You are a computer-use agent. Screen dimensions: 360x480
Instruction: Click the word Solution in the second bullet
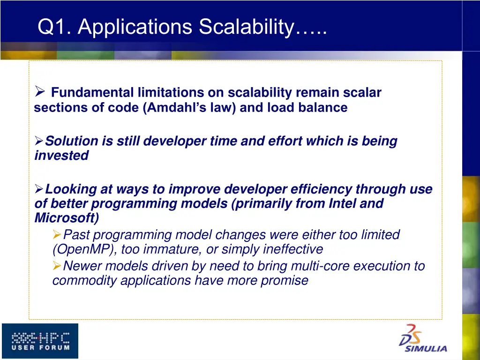coord(72,141)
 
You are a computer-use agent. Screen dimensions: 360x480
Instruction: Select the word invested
coord(61,156)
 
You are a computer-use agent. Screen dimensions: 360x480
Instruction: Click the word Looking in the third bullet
coord(72,189)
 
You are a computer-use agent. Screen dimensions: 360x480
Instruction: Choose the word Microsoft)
coord(67,218)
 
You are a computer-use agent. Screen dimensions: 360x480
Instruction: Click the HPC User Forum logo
coord(40,341)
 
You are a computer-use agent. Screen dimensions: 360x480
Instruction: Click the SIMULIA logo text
coord(426,348)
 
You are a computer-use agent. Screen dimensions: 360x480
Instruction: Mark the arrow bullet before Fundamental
coord(40,92)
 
